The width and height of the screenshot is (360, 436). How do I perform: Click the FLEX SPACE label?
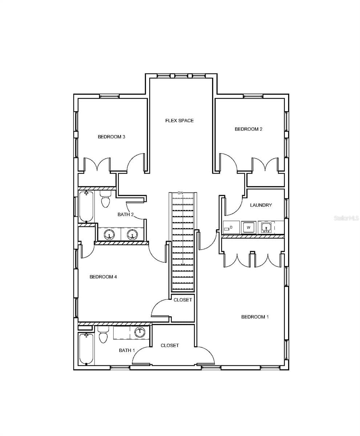[179, 121]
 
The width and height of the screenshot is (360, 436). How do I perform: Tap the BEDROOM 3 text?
[112, 137]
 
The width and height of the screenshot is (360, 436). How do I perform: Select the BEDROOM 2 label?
[248, 129]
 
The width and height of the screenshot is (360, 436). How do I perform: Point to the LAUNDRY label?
[261, 205]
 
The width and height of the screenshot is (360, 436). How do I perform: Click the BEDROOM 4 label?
[103, 276]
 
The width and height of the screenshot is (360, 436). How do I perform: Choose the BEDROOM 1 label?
[255, 317]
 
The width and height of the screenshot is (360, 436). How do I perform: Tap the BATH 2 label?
[125, 214]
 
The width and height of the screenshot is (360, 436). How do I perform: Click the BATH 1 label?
[127, 350]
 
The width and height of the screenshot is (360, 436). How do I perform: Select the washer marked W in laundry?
[248, 227]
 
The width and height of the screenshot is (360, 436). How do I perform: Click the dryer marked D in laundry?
[231, 227]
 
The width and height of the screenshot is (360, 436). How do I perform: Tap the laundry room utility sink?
[266, 227]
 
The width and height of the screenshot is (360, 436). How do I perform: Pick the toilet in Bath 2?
[105, 199]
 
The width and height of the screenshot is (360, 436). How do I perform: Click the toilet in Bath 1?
[103, 335]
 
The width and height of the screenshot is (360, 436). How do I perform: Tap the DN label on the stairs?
[180, 193]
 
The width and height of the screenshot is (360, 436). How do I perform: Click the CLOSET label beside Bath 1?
[170, 346]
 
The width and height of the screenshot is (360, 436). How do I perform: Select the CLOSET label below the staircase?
[183, 300]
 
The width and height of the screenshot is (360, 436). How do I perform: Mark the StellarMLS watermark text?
[346, 218]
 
